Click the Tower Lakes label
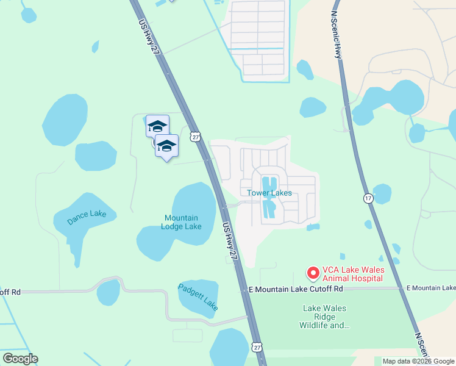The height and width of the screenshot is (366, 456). coord(269,193)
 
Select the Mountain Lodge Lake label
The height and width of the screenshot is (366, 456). coord(181,222)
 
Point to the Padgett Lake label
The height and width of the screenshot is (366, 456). coord(198,295)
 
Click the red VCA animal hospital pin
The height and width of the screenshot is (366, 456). coord(312,272)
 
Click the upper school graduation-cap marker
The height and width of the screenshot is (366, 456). coord(157,126)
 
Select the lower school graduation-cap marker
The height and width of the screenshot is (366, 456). coord(166,145)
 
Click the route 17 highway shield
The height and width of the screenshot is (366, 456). coord(368,198)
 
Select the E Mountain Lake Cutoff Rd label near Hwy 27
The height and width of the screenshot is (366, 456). coord(296,288)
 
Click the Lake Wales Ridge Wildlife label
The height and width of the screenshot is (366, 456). coord(326,317)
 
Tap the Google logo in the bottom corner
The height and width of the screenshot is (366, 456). coord(20,359)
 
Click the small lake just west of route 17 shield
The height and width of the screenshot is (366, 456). coord(382,193)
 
